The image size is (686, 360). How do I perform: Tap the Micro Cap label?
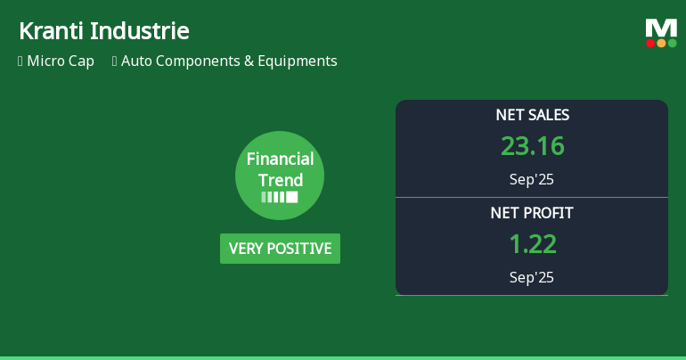pyautogui.click(x=61, y=61)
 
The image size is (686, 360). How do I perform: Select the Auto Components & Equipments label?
pyautogui.click(x=229, y=61)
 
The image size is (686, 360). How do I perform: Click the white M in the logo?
pyautogui.click(x=661, y=28)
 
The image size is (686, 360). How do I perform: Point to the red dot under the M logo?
pyautogui.click(x=650, y=43)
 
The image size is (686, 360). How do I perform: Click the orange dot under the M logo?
pyautogui.click(x=661, y=43)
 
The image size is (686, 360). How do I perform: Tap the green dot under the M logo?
pyautogui.click(x=672, y=43)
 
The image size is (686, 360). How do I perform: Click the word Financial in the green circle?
pyautogui.click(x=280, y=160)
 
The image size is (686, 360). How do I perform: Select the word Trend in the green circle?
pyautogui.click(x=280, y=180)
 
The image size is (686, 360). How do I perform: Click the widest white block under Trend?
pyautogui.click(x=292, y=197)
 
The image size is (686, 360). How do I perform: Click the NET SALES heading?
pyautogui.click(x=532, y=115)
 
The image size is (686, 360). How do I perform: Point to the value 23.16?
pyautogui.click(x=532, y=146)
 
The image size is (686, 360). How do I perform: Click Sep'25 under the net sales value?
pyautogui.click(x=532, y=179)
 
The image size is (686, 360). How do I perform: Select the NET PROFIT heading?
pyautogui.click(x=532, y=213)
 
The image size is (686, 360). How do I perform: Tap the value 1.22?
pyautogui.click(x=532, y=243)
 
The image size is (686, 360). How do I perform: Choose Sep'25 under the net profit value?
pyautogui.click(x=532, y=277)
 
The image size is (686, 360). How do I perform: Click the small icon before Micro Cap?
pyautogui.click(x=20, y=61)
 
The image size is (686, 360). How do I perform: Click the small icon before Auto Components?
pyautogui.click(x=115, y=61)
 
